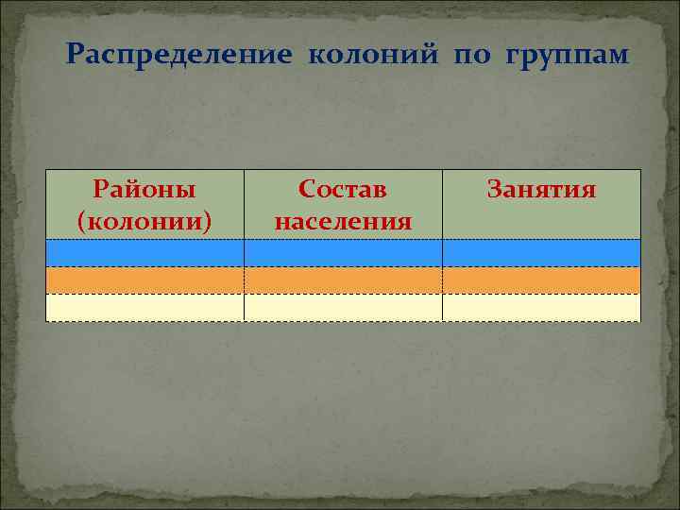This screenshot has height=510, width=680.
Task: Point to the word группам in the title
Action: click(x=567, y=55)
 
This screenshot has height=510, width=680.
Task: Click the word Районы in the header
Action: click(x=144, y=189)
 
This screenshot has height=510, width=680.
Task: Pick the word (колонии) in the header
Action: click(x=144, y=221)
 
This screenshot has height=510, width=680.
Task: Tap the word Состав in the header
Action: click(x=343, y=189)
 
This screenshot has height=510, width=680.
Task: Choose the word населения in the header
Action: click(x=343, y=221)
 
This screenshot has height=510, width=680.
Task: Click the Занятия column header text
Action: click(x=541, y=189)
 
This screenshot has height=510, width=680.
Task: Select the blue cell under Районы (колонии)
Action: click(x=144, y=253)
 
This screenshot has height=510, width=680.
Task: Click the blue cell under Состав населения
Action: click(x=343, y=253)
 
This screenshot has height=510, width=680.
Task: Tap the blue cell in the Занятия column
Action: click(x=541, y=253)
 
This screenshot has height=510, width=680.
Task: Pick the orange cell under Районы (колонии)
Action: click(x=144, y=280)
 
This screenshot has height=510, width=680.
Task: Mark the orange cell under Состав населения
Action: click(x=343, y=280)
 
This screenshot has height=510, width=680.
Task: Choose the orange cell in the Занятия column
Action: click(x=541, y=280)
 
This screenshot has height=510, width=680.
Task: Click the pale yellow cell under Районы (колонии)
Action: click(x=144, y=308)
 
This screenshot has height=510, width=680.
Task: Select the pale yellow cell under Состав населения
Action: click(x=343, y=308)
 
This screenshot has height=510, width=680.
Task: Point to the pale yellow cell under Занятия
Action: click(x=541, y=308)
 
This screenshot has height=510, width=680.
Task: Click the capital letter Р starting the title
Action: click(x=75, y=55)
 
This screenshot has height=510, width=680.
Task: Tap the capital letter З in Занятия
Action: click(x=494, y=189)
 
